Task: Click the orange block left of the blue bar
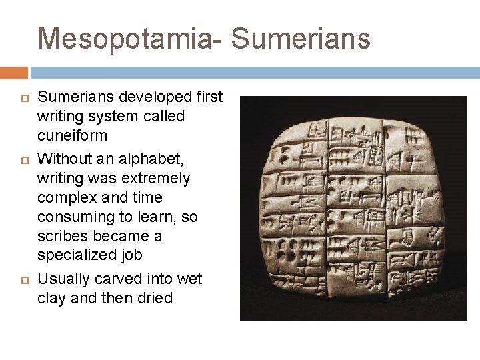[13, 72]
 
